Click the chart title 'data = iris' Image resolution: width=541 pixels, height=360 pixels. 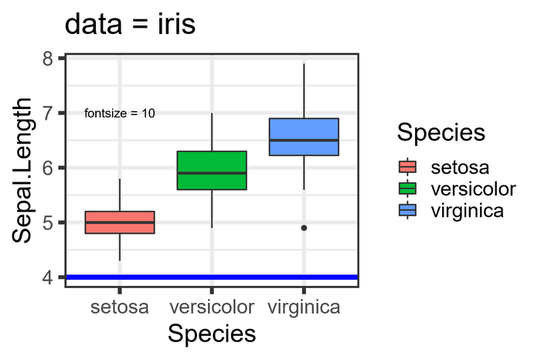click(x=130, y=24)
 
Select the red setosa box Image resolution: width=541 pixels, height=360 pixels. click(x=120, y=222)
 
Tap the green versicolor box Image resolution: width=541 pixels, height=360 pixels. click(x=212, y=170)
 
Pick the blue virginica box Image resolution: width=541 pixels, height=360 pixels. click(x=304, y=137)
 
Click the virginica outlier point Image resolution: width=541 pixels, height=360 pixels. click(x=304, y=228)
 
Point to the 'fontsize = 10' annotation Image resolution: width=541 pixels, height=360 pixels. click(x=119, y=113)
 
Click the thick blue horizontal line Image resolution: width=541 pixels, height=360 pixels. click(x=212, y=277)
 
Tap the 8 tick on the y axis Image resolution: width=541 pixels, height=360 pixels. click(x=49, y=59)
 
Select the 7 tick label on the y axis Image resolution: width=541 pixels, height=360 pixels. click(x=49, y=114)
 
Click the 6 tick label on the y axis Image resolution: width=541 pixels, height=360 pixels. click(x=49, y=168)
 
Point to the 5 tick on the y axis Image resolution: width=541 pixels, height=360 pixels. click(x=49, y=222)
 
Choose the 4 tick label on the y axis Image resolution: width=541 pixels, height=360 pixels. click(x=49, y=277)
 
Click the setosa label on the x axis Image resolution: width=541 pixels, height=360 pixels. click(x=120, y=307)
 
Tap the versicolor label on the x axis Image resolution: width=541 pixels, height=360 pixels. click(x=212, y=307)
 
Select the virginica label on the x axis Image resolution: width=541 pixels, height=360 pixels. click(x=304, y=307)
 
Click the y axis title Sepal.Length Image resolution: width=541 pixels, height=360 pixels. click(x=23, y=170)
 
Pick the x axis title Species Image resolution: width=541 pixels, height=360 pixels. click(x=212, y=334)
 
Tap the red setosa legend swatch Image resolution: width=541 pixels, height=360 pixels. click(x=407, y=167)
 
